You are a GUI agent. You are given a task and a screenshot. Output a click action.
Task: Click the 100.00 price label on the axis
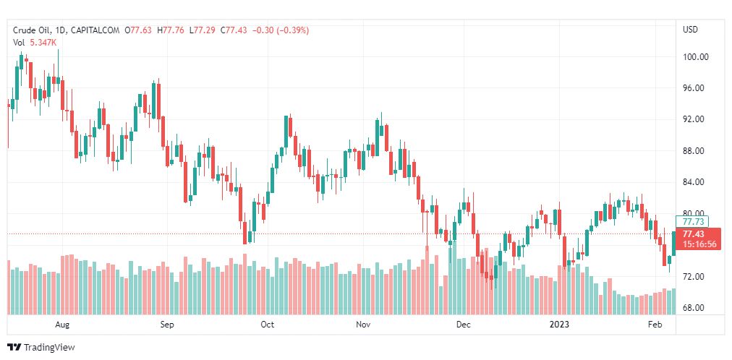click(x=695, y=57)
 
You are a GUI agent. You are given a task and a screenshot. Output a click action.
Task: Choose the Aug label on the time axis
click(x=62, y=325)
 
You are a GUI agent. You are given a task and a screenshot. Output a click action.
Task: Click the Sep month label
click(x=167, y=325)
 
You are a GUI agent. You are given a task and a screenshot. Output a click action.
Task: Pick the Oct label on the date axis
click(x=267, y=325)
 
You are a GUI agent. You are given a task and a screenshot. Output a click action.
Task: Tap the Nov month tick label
click(x=363, y=325)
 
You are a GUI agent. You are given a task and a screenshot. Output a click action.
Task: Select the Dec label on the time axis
click(x=464, y=325)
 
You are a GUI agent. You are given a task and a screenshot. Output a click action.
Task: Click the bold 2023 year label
click(x=560, y=325)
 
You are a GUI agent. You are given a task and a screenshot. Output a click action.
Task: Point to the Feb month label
click(x=655, y=325)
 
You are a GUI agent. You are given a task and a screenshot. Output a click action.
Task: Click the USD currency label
click(x=690, y=30)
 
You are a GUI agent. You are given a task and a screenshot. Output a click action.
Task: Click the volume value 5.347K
click(x=43, y=43)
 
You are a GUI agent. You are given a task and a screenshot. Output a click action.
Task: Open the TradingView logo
click(x=41, y=348)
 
